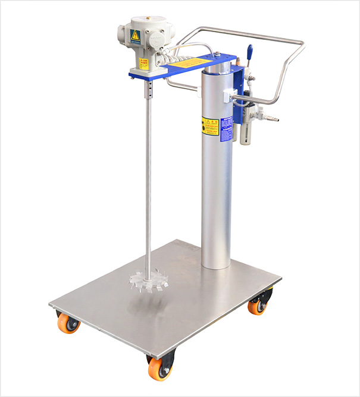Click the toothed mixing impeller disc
(x=147, y=277)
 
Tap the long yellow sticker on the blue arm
(x=190, y=62)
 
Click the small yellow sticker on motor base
(x=143, y=63)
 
